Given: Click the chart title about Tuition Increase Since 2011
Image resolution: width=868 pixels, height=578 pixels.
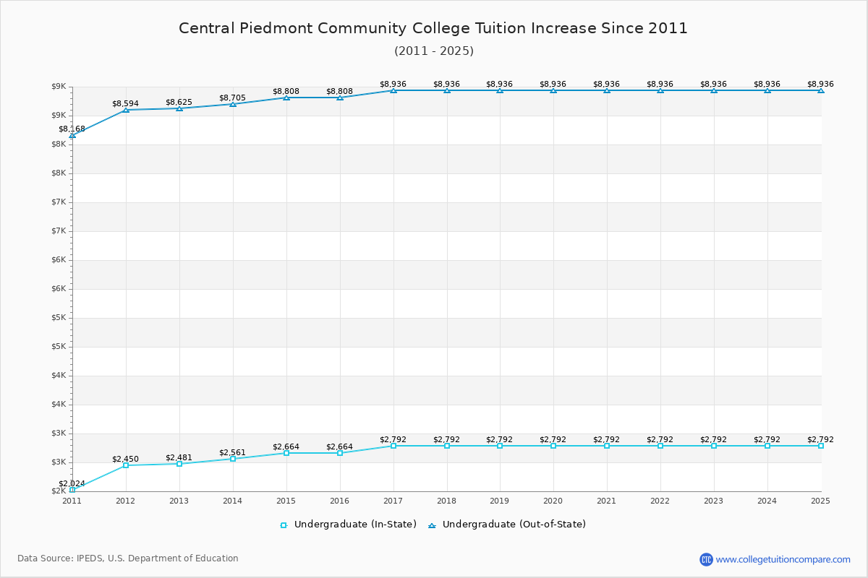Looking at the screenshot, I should click(433, 28).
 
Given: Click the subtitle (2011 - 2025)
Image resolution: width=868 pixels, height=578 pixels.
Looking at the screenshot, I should click(434, 51).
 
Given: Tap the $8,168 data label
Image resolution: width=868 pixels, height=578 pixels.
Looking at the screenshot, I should click(72, 129).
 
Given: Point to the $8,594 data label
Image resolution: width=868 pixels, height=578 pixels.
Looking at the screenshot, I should click(125, 104).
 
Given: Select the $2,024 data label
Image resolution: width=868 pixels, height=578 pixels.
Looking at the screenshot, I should click(72, 483).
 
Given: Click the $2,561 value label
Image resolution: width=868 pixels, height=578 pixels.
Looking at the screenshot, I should click(232, 453).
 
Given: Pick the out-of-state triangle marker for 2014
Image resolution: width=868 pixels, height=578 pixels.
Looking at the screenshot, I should click(233, 104).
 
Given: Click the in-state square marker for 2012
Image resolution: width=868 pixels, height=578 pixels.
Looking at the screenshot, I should click(126, 465).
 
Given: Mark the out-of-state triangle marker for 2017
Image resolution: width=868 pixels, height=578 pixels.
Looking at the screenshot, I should click(393, 90).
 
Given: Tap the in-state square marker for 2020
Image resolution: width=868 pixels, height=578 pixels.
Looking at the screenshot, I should click(553, 446).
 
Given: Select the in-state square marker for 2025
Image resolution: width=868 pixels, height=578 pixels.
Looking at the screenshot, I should click(821, 446).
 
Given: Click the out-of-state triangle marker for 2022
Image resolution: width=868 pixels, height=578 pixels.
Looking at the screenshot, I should click(660, 90).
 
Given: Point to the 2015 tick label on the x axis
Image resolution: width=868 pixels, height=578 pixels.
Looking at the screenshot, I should click(286, 500).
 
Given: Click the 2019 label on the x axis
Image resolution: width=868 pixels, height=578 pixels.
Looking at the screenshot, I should click(500, 500).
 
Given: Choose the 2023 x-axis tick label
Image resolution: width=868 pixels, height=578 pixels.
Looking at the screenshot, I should click(714, 500).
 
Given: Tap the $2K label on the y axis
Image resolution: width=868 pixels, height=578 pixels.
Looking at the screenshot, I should click(59, 491).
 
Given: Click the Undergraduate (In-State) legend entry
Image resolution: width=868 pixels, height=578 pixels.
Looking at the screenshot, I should click(349, 525).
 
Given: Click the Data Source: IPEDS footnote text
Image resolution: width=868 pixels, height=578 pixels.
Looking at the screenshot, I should click(128, 558).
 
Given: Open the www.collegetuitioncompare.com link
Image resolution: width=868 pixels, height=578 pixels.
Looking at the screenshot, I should click(783, 559).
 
